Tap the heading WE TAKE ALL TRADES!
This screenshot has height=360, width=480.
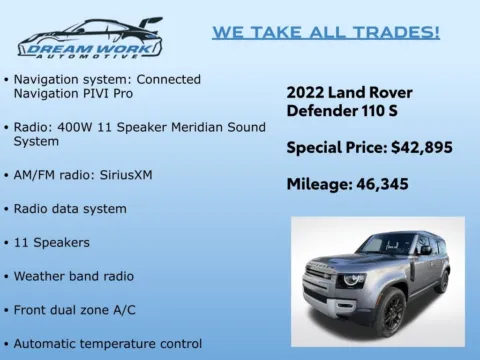click(325, 32)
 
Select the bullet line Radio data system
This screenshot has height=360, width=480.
click(70, 209)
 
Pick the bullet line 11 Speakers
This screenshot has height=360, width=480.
click(52, 242)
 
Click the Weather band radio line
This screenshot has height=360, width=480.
click(74, 276)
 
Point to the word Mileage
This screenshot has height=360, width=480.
click(320, 184)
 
